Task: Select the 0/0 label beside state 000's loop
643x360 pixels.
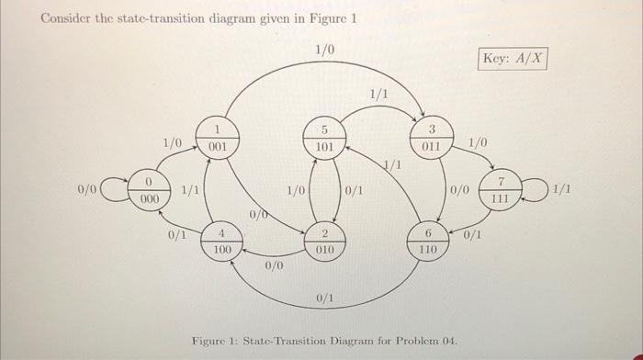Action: (x=87, y=189)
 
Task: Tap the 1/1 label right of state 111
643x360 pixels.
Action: (x=562, y=189)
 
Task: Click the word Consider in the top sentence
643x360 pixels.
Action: (x=68, y=19)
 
